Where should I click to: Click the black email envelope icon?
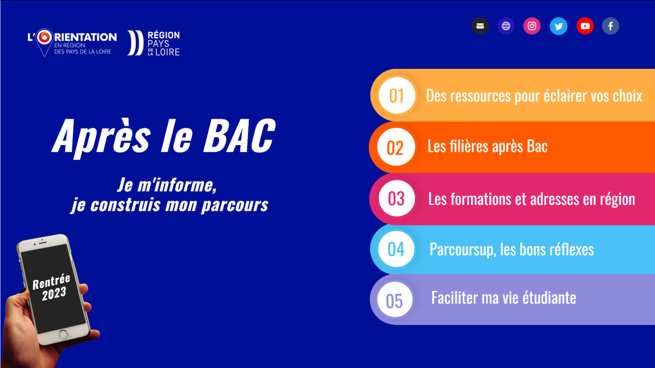480,26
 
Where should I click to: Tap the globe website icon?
506,26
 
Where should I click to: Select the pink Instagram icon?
532,26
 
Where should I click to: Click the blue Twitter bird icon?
559,26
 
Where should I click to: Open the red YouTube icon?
585,26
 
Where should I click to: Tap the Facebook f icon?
610,26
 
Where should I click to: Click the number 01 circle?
397,95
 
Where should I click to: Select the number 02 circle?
396,147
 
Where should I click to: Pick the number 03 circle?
396,198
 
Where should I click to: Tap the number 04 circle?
396,249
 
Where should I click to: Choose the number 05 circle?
394,300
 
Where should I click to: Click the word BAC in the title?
239,136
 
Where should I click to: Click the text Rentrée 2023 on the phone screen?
52,288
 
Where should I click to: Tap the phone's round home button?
63,334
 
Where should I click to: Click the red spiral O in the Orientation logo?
45,37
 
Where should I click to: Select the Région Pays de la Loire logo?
154,43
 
